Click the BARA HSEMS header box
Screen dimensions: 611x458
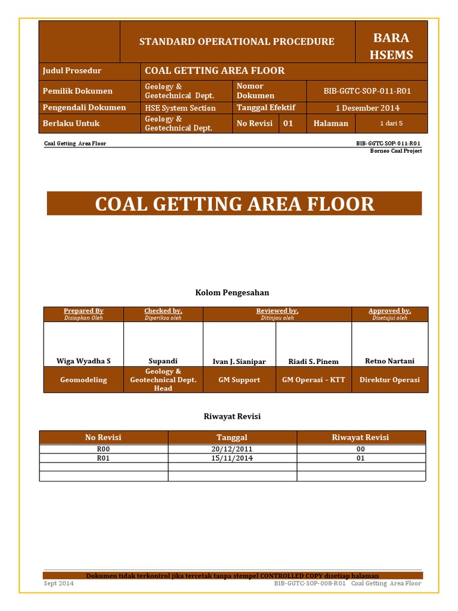point(391,47)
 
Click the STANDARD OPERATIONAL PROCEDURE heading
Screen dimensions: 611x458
point(237,42)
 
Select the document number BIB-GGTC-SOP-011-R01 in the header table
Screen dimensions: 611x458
point(367,91)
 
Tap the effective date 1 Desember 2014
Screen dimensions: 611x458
point(367,108)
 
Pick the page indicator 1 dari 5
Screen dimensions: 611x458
point(391,124)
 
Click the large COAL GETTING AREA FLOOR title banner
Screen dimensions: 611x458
point(234,203)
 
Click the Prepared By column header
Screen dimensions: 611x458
point(83,311)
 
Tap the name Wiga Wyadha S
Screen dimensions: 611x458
point(83,361)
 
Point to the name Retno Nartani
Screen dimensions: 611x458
point(389,361)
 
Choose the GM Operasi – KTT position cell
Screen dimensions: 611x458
point(313,380)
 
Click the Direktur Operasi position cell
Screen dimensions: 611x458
point(389,380)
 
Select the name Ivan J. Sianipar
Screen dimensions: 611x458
point(239,362)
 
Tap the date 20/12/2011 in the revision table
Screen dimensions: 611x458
point(232,449)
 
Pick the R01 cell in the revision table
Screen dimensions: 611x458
point(103,458)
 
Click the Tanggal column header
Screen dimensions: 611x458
point(232,437)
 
